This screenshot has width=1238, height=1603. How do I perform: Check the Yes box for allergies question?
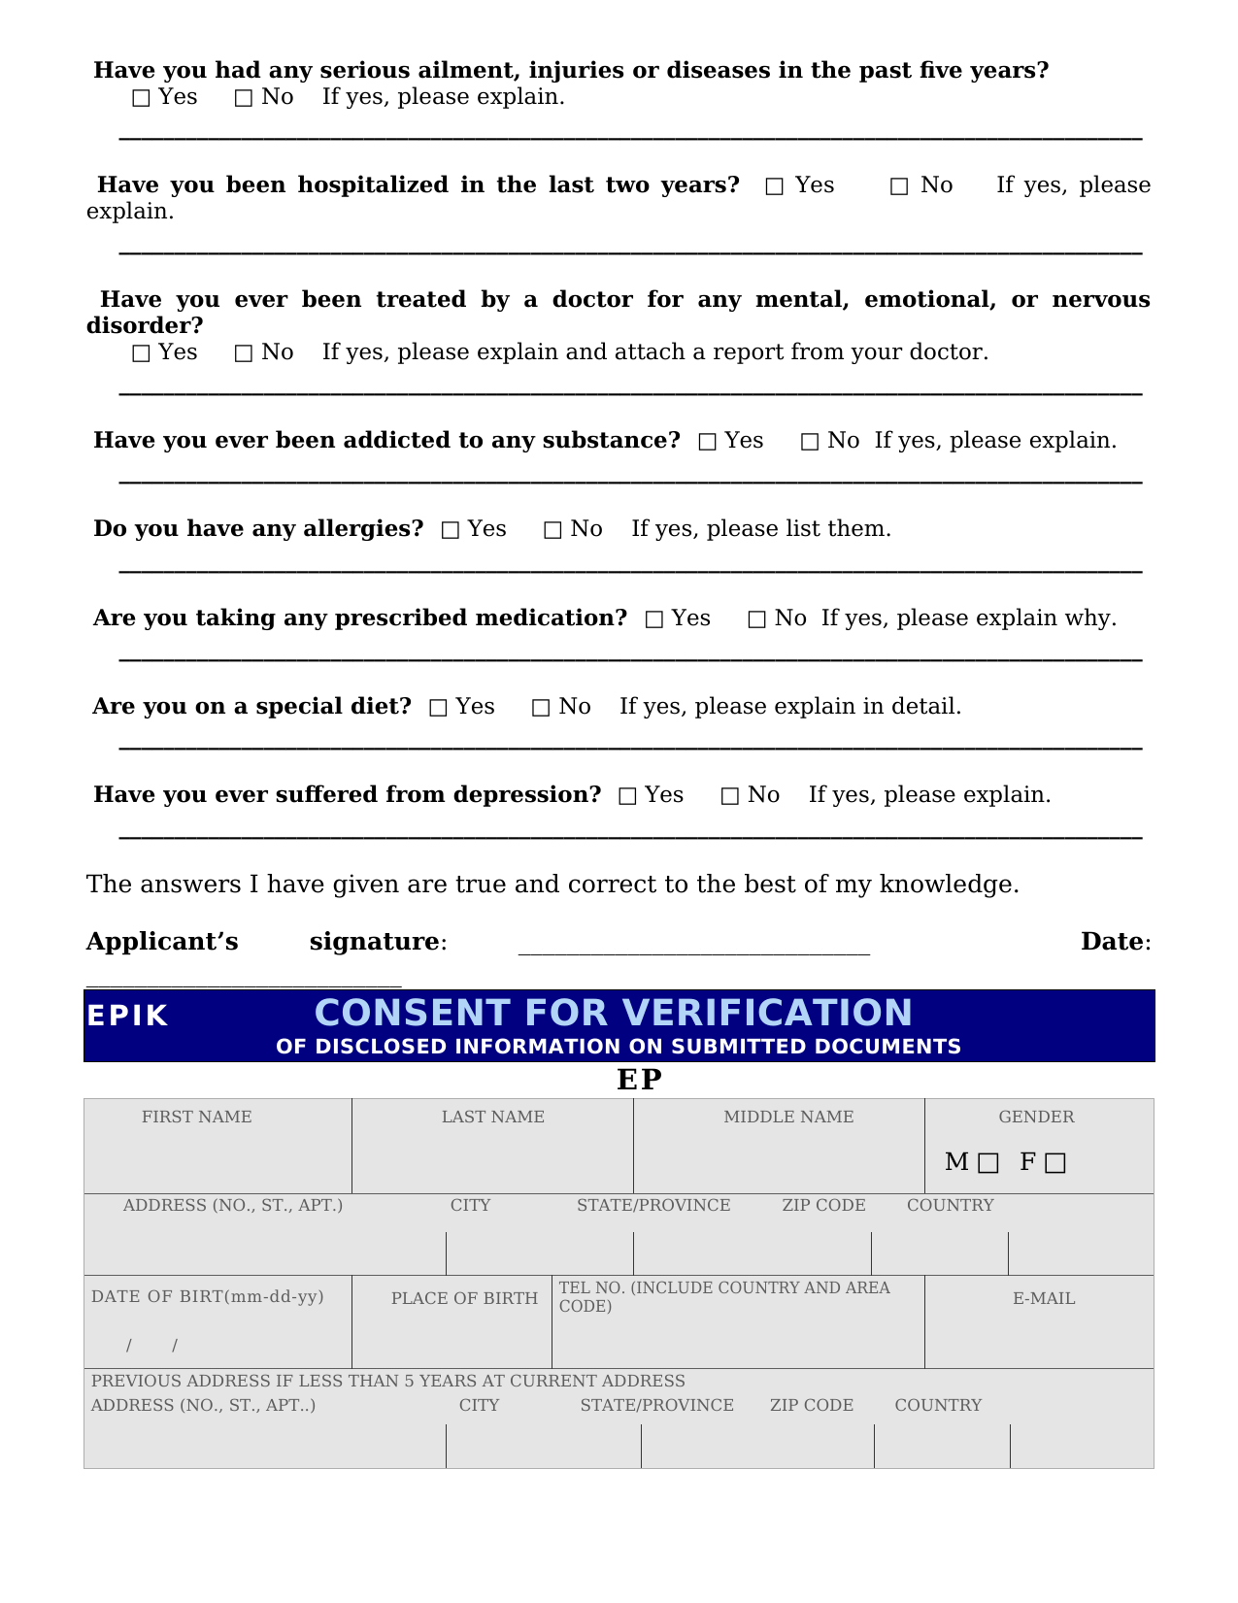[x=451, y=530]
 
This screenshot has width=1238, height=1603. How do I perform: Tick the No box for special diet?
[x=541, y=708]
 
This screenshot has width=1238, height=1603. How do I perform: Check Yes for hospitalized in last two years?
[x=774, y=186]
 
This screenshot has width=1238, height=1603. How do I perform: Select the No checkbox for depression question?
[x=730, y=796]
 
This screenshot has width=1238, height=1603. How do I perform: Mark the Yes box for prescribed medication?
[x=654, y=619]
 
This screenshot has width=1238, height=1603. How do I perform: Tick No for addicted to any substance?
[x=810, y=442]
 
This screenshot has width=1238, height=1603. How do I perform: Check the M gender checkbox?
[x=987, y=1163]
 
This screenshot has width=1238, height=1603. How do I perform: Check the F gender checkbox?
[x=1055, y=1163]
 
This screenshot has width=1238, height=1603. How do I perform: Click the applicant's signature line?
[x=693, y=947]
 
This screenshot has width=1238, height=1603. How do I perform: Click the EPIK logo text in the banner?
[x=127, y=1016]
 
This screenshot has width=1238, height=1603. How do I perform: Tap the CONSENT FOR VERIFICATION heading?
[x=613, y=1013]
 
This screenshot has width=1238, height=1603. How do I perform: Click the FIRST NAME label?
[x=196, y=1117]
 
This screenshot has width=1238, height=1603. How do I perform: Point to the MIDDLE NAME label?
[x=788, y=1117]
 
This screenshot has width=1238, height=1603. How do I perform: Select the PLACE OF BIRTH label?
[x=464, y=1298]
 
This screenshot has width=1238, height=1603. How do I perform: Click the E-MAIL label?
[x=1044, y=1298]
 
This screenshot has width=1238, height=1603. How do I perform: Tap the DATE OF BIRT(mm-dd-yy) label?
[x=207, y=1296]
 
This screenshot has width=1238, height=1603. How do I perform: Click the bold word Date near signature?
[x=1112, y=942]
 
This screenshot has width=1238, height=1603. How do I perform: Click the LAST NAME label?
[x=493, y=1117]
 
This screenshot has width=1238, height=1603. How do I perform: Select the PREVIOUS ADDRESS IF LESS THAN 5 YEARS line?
[x=388, y=1381]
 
